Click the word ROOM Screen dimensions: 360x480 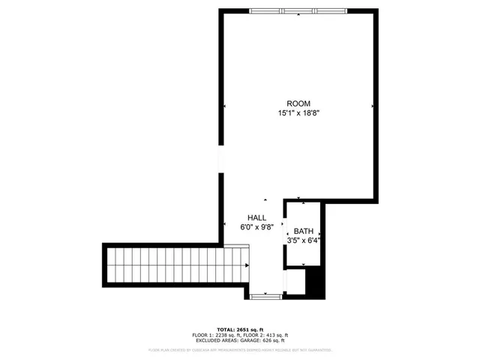click(298, 103)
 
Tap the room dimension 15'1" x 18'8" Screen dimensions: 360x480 click(298, 114)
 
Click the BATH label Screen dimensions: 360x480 click(303, 231)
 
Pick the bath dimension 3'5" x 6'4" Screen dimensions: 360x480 click(303, 241)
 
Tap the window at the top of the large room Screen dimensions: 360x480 click(298, 10)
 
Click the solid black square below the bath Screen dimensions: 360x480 click(316, 283)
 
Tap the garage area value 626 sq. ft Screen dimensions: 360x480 click(273, 340)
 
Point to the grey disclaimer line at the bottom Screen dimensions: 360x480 click(240, 349)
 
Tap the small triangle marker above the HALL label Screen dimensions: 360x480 click(265, 199)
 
